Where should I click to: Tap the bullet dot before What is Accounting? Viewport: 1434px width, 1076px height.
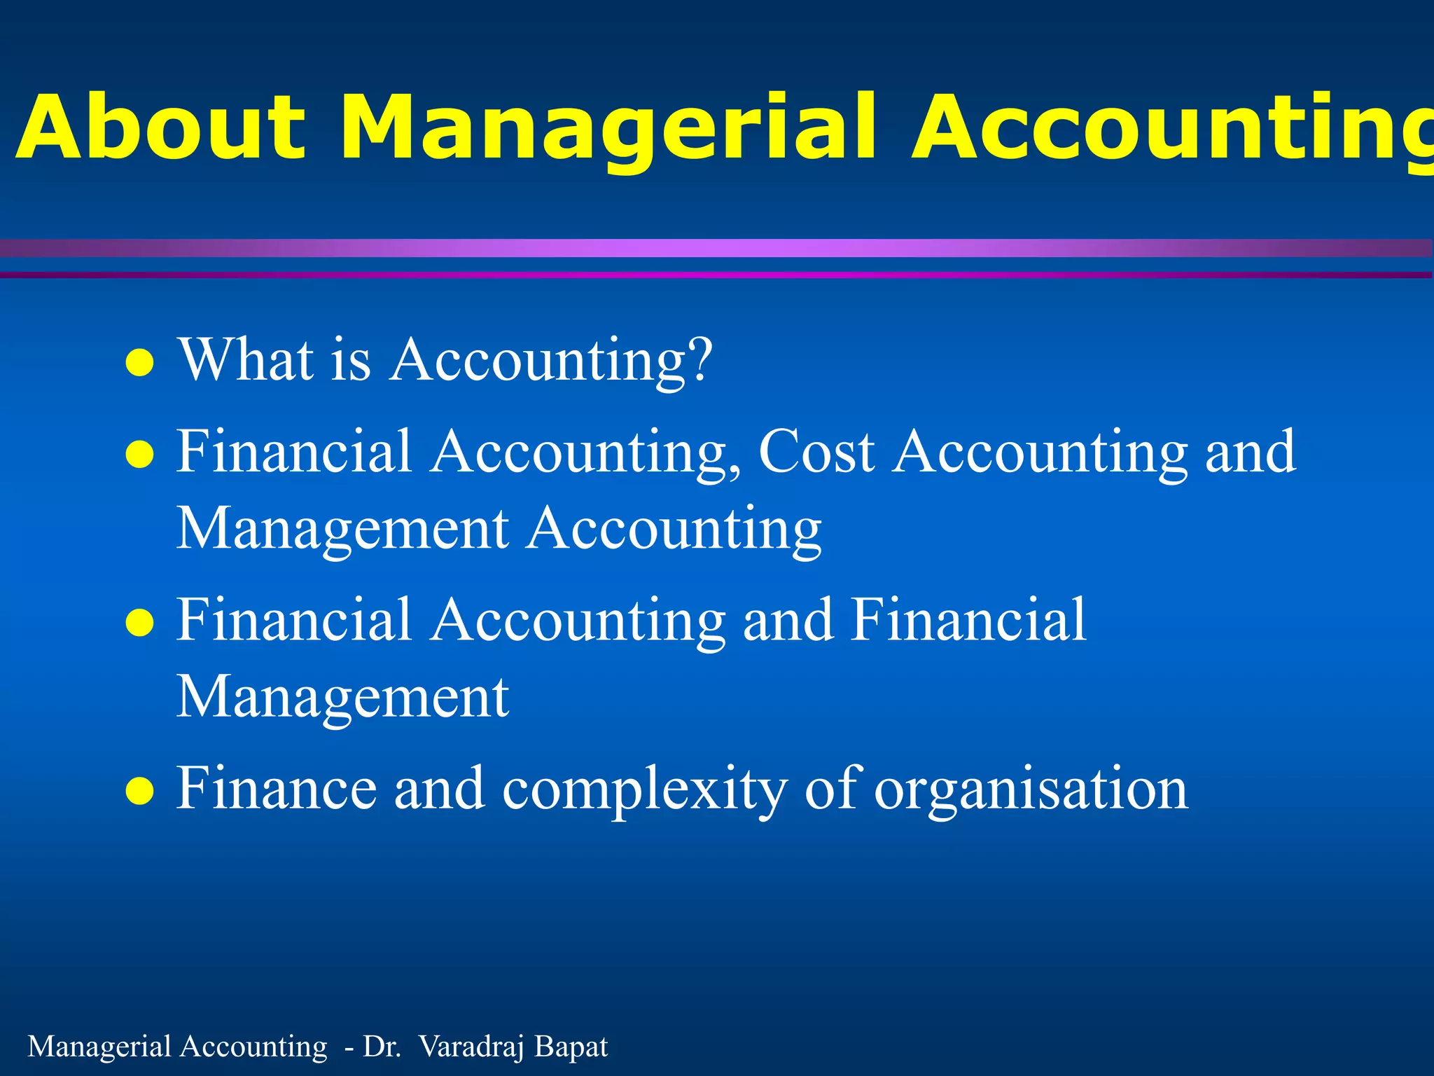139,363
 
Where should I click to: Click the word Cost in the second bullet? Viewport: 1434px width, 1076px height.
816,452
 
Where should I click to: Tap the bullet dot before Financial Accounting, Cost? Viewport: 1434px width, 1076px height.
139,455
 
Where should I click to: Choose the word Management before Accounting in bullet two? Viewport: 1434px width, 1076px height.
342,529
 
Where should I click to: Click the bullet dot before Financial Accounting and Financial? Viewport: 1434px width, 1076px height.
139,623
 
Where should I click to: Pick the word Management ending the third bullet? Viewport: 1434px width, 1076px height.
342,697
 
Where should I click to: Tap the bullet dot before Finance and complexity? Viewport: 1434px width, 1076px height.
139,791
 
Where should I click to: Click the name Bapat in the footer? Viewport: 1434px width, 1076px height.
571,1047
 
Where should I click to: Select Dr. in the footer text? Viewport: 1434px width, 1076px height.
382,1047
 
